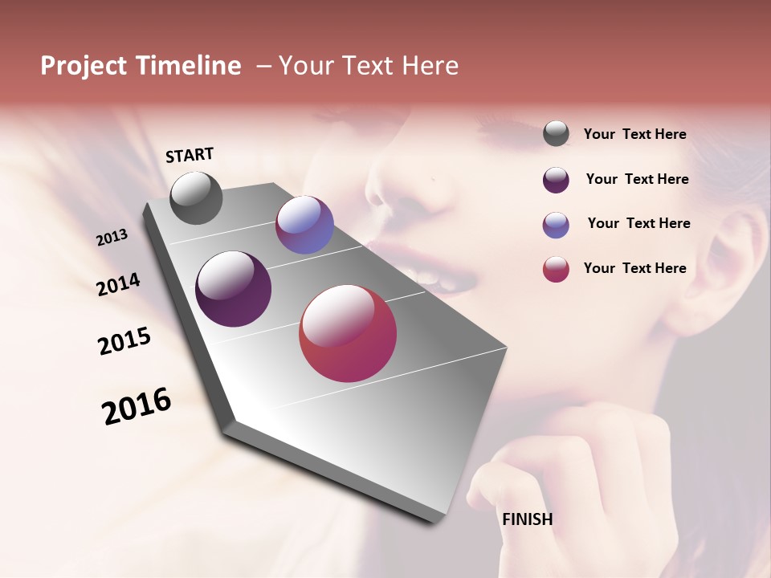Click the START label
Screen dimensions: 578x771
(x=190, y=155)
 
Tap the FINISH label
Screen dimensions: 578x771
(x=528, y=519)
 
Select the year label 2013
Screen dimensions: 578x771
(x=112, y=238)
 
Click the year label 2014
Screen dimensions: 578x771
(x=118, y=285)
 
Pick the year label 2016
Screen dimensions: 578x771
(x=137, y=406)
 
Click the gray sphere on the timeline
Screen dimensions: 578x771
(x=196, y=197)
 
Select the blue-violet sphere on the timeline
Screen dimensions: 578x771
(x=304, y=225)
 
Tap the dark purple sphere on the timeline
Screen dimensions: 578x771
(x=233, y=289)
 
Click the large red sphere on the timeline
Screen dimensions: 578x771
(x=348, y=333)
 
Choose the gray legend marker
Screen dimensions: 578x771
(x=556, y=134)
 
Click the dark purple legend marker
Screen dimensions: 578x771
(x=556, y=180)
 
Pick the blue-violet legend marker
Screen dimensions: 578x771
(x=556, y=225)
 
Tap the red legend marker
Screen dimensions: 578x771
(x=556, y=269)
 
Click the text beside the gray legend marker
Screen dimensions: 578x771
(x=634, y=135)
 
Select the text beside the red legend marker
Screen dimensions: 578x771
(x=634, y=268)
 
